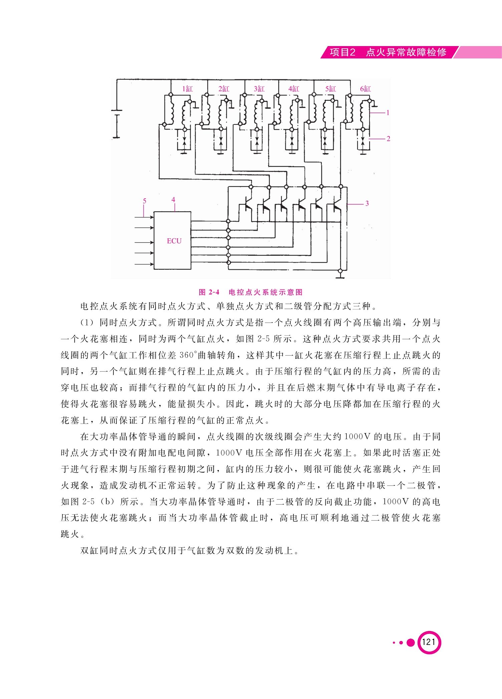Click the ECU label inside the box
pyautogui.click(x=174, y=241)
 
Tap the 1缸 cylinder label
pyautogui.click(x=187, y=89)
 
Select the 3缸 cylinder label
pyautogui.click(x=259, y=89)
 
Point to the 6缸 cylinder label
pyautogui.click(x=365, y=89)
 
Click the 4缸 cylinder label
pyautogui.click(x=294, y=89)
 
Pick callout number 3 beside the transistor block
pyautogui.click(x=367, y=203)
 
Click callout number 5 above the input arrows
pyautogui.click(x=145, y=201)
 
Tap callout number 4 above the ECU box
pyautogui.click(x=173, y=200)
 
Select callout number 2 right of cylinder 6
pyautogui.click(x=388, y=139)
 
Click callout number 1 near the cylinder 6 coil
pyautogui.click(x=388, y=113)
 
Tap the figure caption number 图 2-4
pyautogui.click(x=209, y=292)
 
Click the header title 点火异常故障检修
pyautogui.click(x=406, y=52)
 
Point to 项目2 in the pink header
pyautogui.click(x=342, y=52)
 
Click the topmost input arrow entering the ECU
pyautogui.click(x=144, y=217)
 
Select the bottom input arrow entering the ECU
pyautogui.click(x=144, y=264)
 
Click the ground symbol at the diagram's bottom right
pyautogui.click(x=340, y=275)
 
